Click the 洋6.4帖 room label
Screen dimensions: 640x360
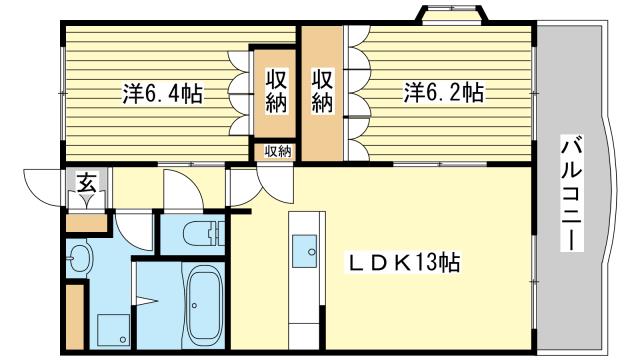click(162, 94)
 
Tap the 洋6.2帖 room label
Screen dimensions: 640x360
click(444, 92)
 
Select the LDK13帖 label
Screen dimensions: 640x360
click(403, 262)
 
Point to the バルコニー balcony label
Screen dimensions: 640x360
click(572, 195)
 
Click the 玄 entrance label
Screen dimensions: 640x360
click(87, 182)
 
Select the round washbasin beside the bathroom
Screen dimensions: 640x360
click(79, 258)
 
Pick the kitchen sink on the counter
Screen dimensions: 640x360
click(304, 251)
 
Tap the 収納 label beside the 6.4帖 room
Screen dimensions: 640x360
click(276, 91)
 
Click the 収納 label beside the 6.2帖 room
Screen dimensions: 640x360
click(322, 90)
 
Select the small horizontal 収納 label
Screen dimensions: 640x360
click(278, 151)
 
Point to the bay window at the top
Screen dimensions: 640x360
click(452, 15)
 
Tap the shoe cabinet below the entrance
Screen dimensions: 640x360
click(86, 223)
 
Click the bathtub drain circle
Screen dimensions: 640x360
click(195, 305)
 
